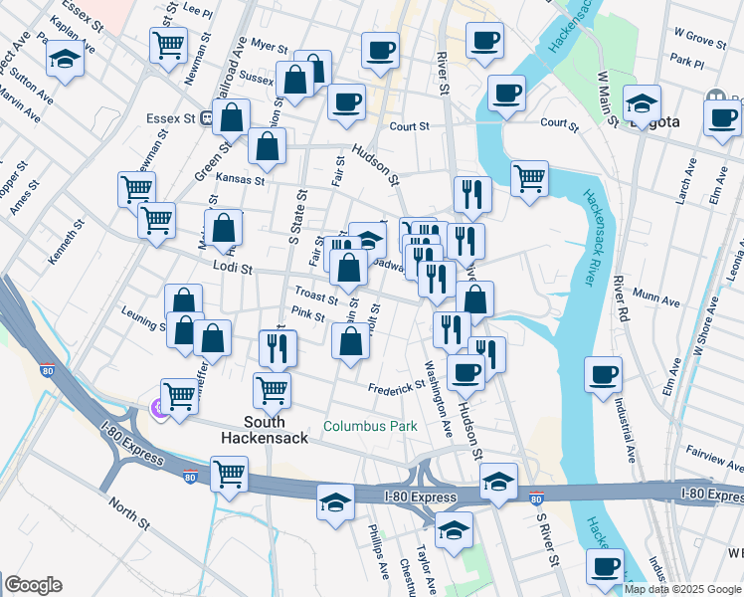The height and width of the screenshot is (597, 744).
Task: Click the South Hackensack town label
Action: [252, 427]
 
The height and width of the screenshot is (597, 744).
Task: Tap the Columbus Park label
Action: [364, 427]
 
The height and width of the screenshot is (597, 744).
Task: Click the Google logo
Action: [32, 585]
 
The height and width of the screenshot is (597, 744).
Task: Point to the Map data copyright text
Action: [682, 589]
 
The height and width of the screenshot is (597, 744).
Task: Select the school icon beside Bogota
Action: [643, 102]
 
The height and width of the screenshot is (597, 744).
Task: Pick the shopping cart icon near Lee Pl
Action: [169, 43]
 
